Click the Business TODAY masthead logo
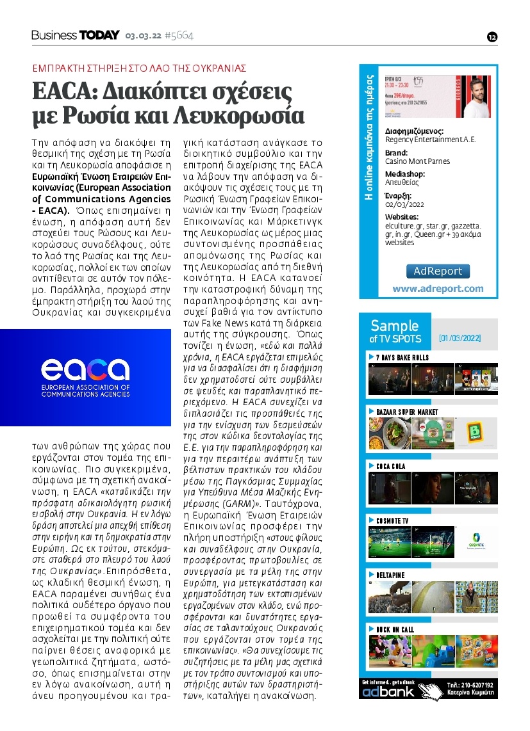(76, 35)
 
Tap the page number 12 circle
(492, 36)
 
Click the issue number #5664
(179, 35)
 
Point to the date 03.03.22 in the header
(142, 36)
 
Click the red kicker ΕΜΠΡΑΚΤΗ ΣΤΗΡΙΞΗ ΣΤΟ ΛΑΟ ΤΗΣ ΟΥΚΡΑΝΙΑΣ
(140, 68)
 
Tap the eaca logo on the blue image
(85, 369)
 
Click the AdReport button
(438, 271)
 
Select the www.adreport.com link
(438, 289)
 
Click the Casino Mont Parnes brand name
(417, 161)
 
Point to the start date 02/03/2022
(404, 204)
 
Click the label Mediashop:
(404, 174)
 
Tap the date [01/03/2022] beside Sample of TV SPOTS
(460, 338)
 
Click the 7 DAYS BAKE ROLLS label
(402, 357)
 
